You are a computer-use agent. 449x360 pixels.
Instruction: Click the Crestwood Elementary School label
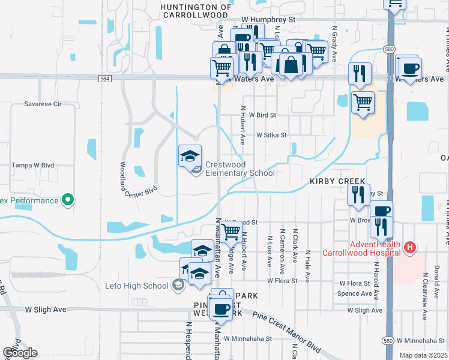[240, 169]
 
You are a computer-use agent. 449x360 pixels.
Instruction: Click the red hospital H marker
[410, 247]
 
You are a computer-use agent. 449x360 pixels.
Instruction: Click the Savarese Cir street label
[43, 104]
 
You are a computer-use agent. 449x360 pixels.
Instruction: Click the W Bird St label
[262, 115]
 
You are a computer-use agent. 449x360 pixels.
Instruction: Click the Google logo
[19, 353]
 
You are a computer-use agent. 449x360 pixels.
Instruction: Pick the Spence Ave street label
[355, 293]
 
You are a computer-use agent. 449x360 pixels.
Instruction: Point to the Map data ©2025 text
[424, 355]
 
